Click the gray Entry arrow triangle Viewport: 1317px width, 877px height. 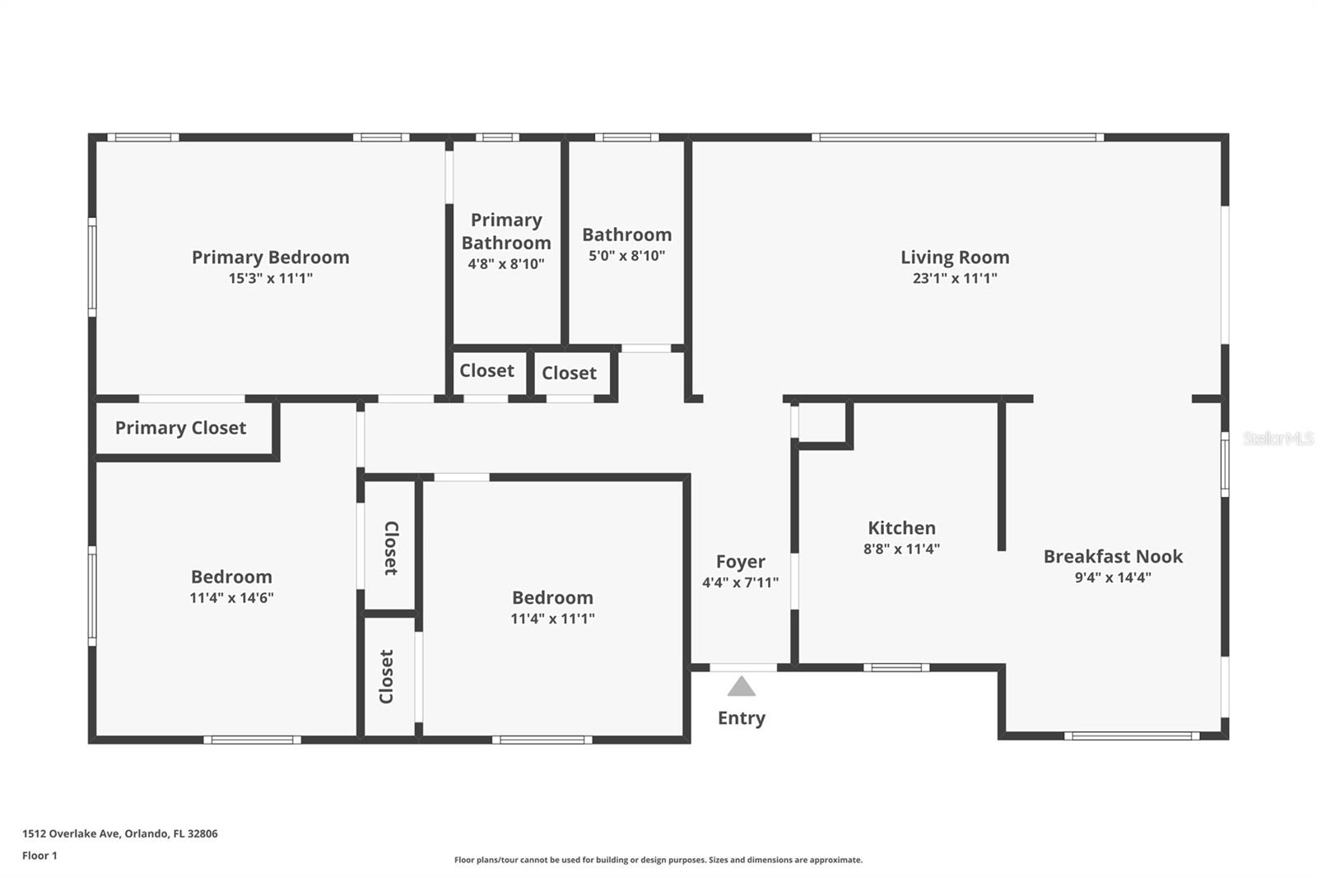[x=742, y=687]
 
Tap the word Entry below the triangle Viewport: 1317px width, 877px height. [x=742, y=718]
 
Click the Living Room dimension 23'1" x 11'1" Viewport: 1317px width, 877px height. [x=955, y=278]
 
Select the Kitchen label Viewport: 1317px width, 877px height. [x=901, y=528]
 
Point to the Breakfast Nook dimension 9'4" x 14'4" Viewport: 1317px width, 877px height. [x=1113, y=578]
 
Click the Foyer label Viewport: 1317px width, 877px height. [x=740, y=562]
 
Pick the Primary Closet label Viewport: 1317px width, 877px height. [x=180, y=428]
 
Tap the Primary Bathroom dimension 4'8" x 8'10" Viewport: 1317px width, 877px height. [x=506, y=264]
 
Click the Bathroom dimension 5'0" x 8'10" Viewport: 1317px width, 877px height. [x=626, y=256]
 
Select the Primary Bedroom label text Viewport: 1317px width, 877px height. [x=270, y=258]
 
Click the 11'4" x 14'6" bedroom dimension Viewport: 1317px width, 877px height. [x=231, y=598]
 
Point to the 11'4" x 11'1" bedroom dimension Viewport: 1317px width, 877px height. [x=552, y=619]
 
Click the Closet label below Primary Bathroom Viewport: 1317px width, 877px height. [x=486, y=371]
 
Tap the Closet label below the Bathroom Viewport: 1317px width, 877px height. [x=569, y=374]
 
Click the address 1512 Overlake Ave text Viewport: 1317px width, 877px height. [x=120, y=833]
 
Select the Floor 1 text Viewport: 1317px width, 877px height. [x=40, y=856]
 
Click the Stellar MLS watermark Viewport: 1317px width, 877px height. [x=1277, y=438]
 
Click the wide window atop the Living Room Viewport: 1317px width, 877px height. [x=957, y=137]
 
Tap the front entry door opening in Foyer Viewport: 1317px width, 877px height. [x=742, y=667]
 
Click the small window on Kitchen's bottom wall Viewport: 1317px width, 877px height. [x=896, y=667]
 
